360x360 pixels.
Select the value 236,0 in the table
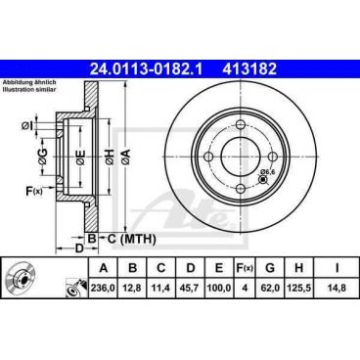click(x=100, y=288)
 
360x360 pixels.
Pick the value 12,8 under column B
click(x=130, y=288)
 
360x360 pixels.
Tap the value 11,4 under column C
click(x=160, y=288)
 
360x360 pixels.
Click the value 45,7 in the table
click(x=191, y=288)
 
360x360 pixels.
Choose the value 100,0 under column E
click(x=221, y=288)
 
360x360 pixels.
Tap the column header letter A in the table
click(x=100, y=267)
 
